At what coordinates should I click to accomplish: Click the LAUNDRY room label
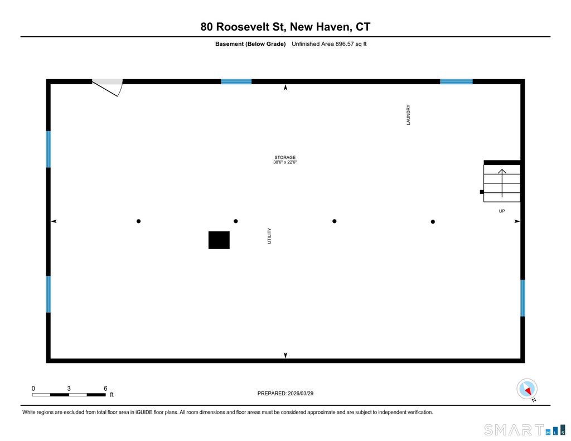point(408,115)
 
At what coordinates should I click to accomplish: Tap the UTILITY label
point(269,235)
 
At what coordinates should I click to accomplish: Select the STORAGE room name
point(284,157)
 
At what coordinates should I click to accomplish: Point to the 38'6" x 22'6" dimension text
point(284,163)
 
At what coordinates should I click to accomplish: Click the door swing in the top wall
point(109,86)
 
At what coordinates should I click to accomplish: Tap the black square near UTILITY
point(219,240)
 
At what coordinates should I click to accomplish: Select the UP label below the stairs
point(502,211)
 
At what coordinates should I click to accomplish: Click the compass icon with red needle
point(526,389)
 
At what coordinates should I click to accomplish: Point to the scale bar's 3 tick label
point(69,388)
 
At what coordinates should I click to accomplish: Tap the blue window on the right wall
point(522,298)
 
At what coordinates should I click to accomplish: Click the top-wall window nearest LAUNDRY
point(456,81)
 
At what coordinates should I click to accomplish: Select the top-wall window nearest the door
point(236,81)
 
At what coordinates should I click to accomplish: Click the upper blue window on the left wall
point(49,149)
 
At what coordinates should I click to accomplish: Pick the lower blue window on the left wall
point(49,294)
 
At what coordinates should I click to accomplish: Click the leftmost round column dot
point(138,221)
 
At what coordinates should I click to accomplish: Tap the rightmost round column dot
point(433,222)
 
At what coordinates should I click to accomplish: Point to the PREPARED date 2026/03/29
point(304,393)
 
